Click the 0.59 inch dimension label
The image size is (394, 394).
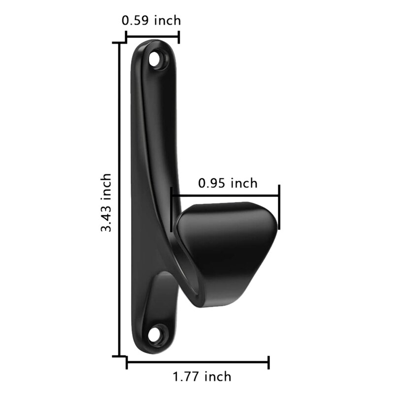pyautogui.click(x=151, y=20)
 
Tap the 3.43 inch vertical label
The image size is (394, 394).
pyautogui.click(x=106, y=202)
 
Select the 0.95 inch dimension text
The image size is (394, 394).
pyautogui.click(x=228, y=183)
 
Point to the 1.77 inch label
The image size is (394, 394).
pyautogui.click(x=201, y=377)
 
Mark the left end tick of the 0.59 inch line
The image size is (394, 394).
pyautogui.click(x=127, y=37)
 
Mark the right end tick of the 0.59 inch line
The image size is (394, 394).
pyautogui.click(x=178, y=37)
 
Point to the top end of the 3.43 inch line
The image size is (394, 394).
pyautogui.click(x=119, y=43)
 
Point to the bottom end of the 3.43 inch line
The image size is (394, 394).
pyautogui.click(x=119, y=356)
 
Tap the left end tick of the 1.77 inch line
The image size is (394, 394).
pyautogui.click(x=127, y=363)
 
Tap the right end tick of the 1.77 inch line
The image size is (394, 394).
pyautogui.click(x=268, y=363)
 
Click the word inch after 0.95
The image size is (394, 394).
pyautogui.click(x=244, y=183)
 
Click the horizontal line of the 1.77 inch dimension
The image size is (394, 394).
pyautogui.click(x=197, y=363)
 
